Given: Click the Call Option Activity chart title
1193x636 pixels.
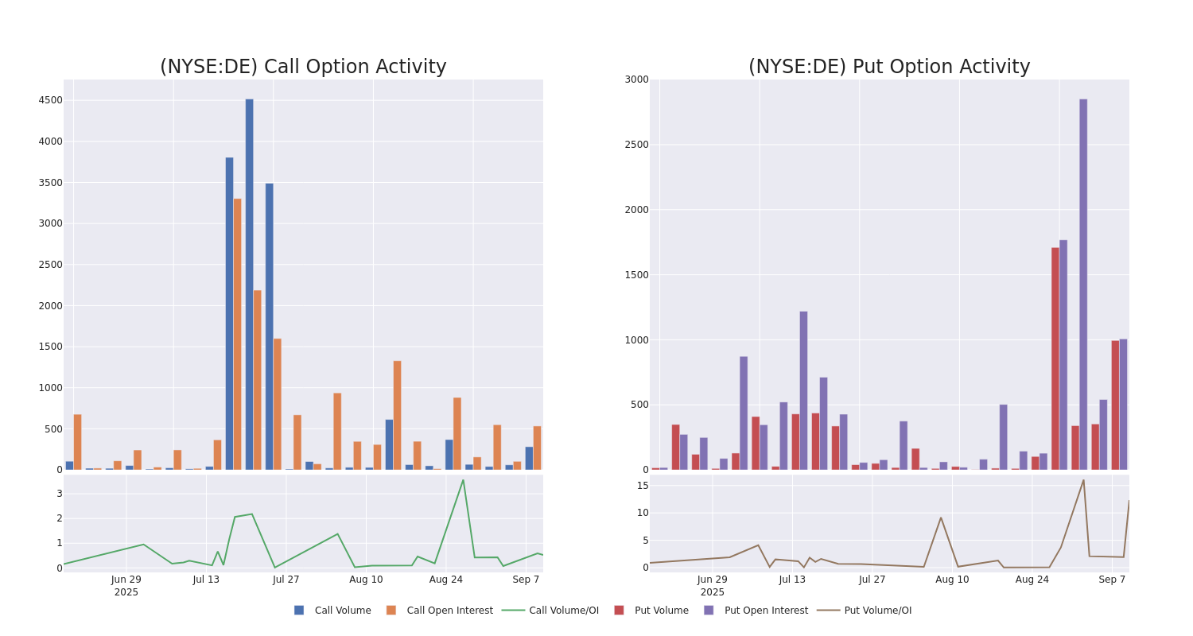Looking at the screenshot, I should [303, 68].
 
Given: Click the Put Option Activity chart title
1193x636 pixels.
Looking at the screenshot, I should [888, 68].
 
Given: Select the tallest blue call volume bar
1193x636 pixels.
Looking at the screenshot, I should [249, 284].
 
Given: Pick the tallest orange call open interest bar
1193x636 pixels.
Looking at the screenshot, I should [237, 334].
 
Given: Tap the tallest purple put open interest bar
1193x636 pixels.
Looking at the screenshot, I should [1083, 284].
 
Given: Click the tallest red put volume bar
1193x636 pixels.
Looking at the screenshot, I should [1055, 358].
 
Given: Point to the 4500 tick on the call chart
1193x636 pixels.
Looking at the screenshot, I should [50, 100].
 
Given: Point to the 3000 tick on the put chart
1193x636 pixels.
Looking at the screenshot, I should [636, 79].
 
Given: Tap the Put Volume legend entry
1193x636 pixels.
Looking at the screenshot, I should [661, 611].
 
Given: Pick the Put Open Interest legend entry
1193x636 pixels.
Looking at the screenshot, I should [765, 611].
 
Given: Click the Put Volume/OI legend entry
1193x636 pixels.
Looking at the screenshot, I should [877, 611].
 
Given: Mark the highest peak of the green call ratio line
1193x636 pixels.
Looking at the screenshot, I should [463, 479].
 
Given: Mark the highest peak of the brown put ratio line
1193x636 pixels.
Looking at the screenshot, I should [1083, 479].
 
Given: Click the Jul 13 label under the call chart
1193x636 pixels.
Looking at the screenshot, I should [206, 580].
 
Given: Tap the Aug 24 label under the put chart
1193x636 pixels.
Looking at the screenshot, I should [1032, 580].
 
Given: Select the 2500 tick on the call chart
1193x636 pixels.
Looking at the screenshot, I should [50, 265].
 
